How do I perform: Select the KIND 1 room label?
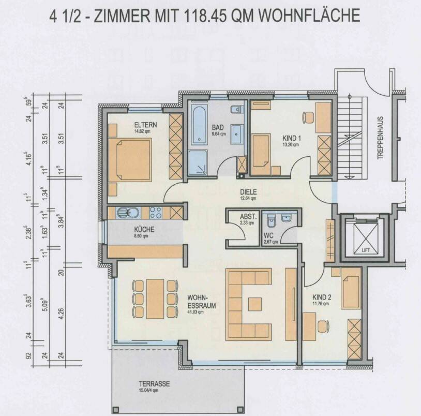pyautogui.click(x=292, y=138)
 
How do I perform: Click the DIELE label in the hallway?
pyautogui.click(x=248, y=191)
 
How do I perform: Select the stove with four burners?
pyautogui.click(x=156, y=213)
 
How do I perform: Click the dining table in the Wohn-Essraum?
pyautogui.click(x=155, y=299)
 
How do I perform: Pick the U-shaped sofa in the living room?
pyautogui.click(x=248, y=303)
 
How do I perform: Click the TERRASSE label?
pyautogui.click(x=155, y=384)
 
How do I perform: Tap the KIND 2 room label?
pyautogui.click(x=322, y=298)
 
